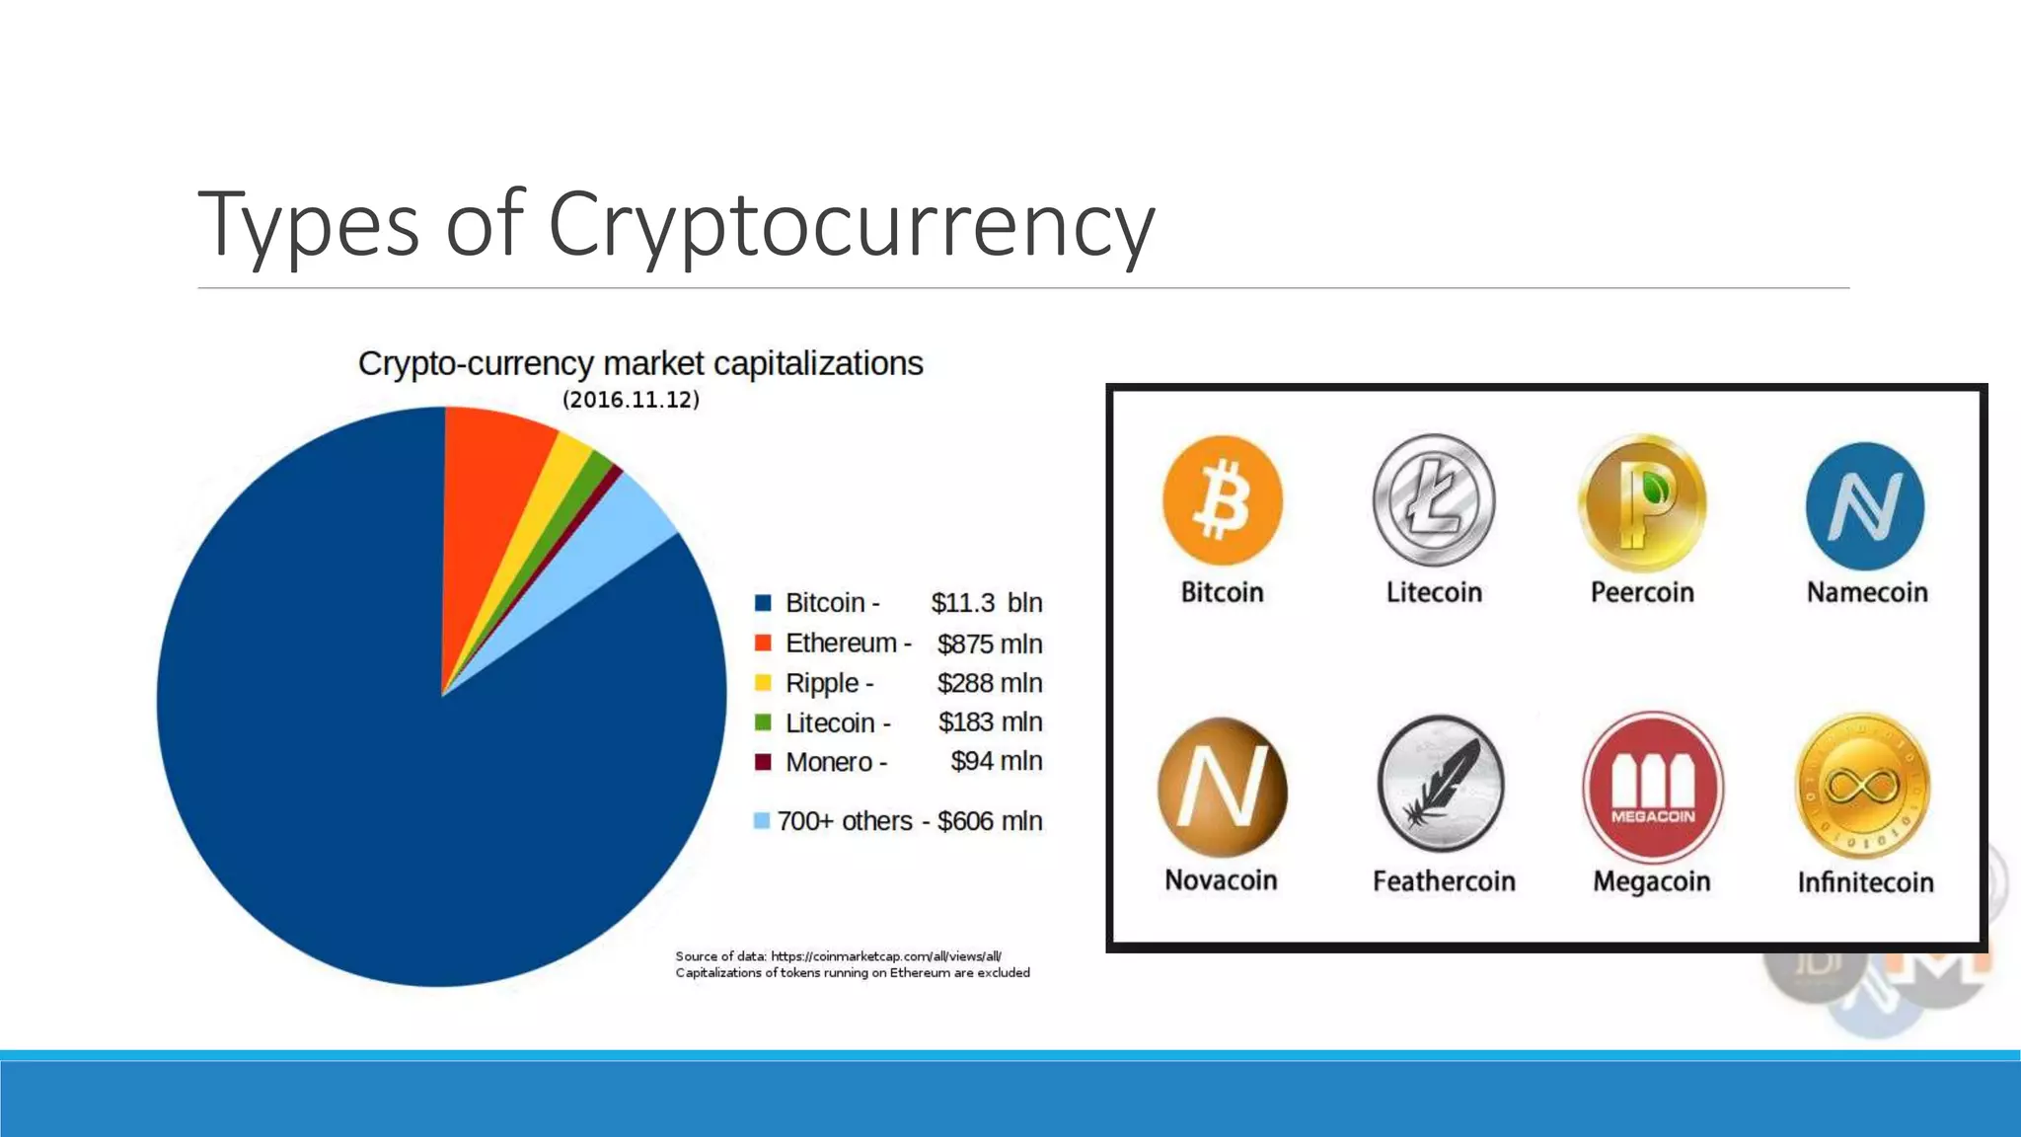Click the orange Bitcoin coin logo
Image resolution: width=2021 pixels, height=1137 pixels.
[x=1222, y=500]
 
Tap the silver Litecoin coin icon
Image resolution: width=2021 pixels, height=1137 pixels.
[x=1434, y=500]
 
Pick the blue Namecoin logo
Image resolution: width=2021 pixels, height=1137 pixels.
[x=1864, y=505]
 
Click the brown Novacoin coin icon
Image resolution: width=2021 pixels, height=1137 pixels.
[x=1222, y=788]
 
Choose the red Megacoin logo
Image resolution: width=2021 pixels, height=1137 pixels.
[x=1653, y=788]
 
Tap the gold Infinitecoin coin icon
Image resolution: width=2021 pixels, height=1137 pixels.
[x=1862, y=787]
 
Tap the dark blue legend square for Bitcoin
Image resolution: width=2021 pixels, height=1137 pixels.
[x=763, y=603]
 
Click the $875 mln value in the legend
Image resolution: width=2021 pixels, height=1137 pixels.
[x=989, y=644]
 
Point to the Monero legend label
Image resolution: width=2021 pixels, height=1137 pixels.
[x=829, y=762]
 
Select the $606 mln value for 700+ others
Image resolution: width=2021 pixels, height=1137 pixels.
[x=989, y=821]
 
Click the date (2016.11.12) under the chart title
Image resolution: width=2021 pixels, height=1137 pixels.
[x=631, y=400]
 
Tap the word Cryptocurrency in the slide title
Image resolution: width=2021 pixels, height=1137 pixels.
[x=850, y=225]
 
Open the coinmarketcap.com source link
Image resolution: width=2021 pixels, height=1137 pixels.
[x=885, y=955]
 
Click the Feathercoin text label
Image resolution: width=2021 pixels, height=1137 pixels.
[x=1443, y=880]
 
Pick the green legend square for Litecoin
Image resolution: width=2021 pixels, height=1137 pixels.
[x=763, y=722]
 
